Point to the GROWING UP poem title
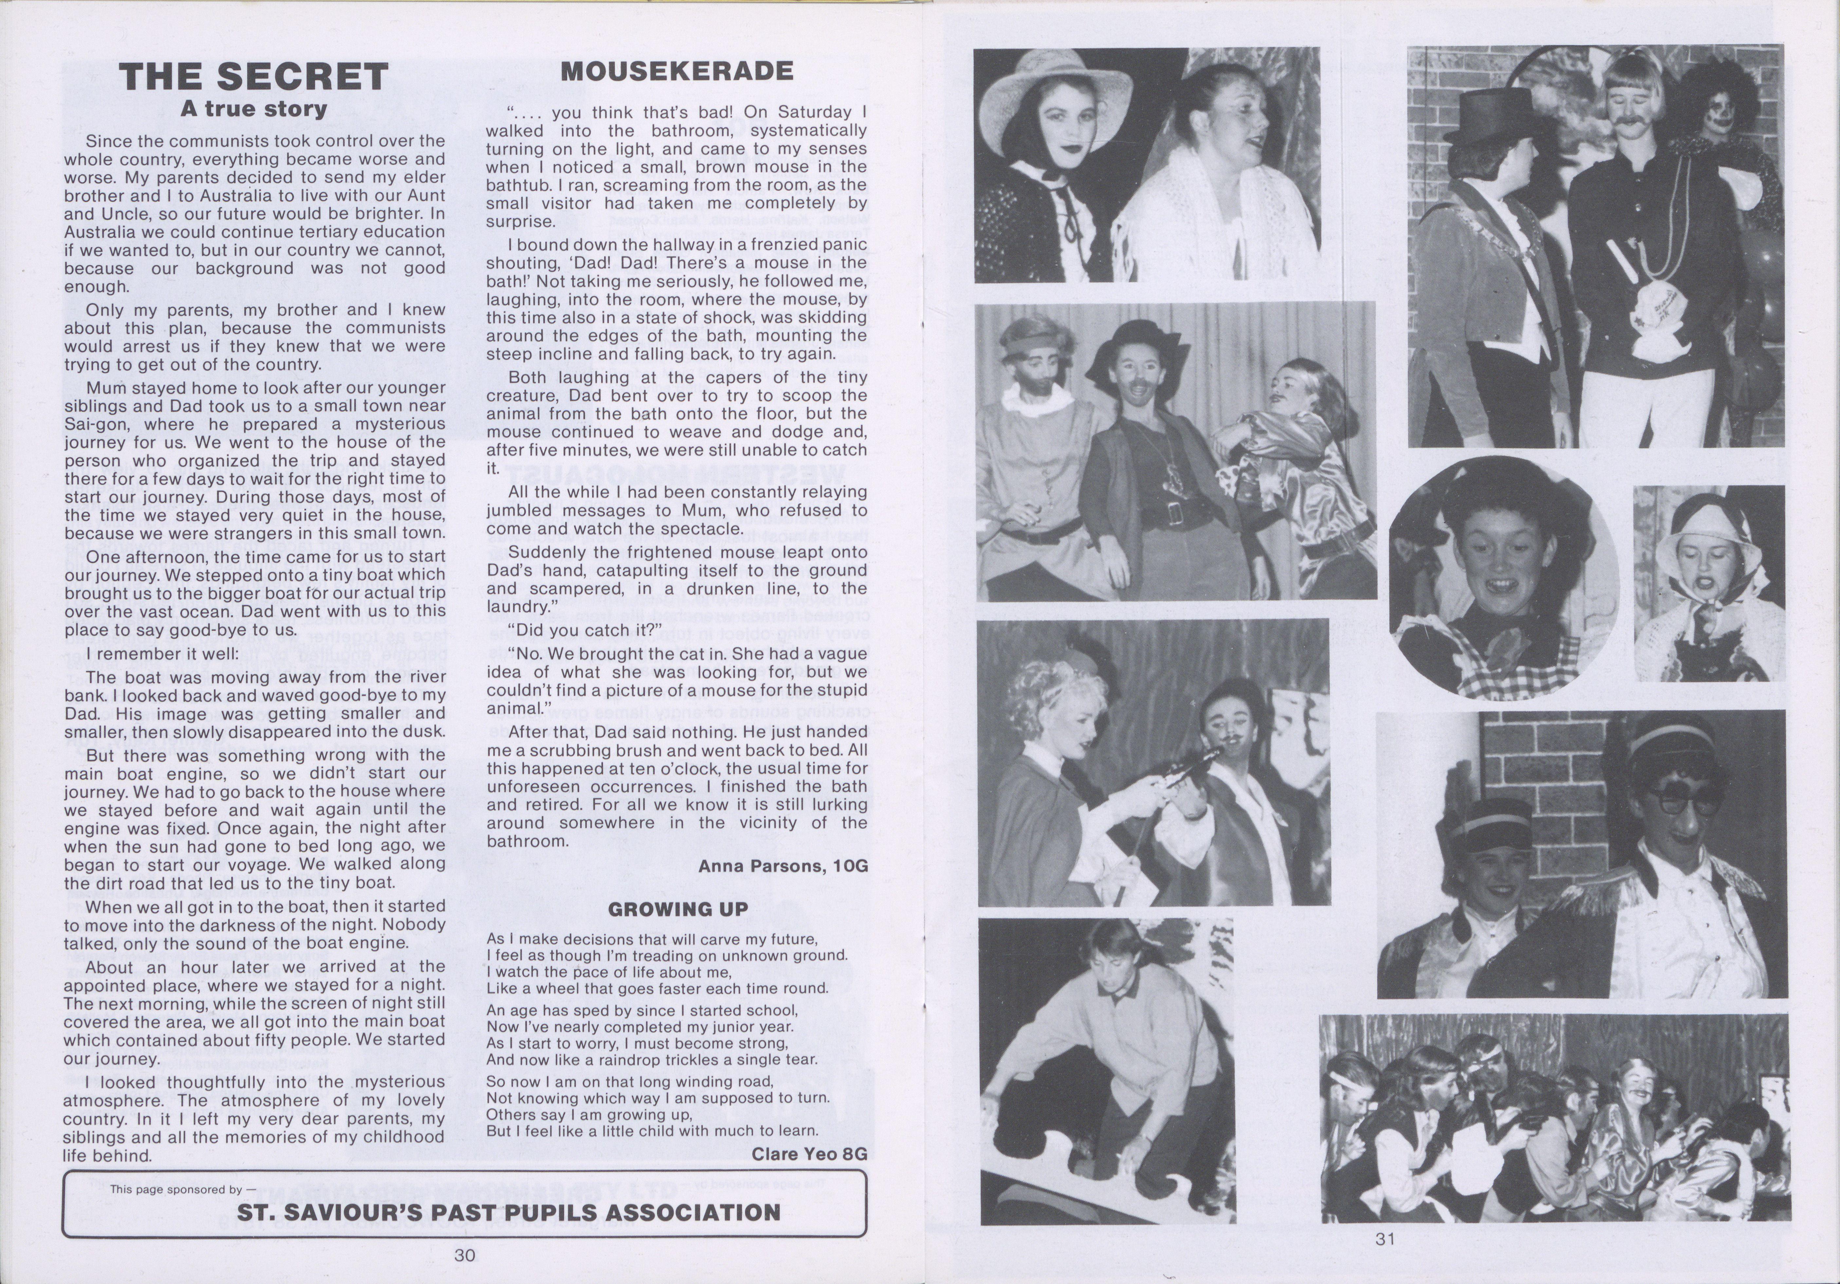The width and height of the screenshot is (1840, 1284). pos(677,909)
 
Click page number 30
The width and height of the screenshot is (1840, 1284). pos(465,1255)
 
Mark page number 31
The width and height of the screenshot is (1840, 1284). pos(1385,1238)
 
